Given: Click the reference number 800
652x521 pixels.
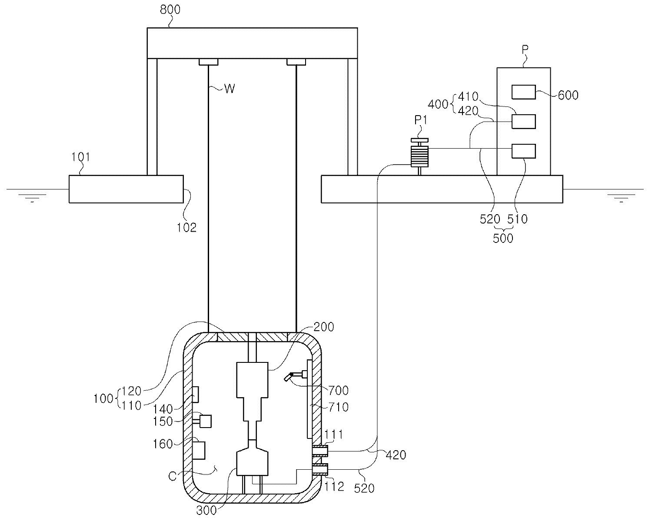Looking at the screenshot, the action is (x=170, y=10).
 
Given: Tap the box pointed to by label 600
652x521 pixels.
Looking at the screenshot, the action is (x=523, y=92).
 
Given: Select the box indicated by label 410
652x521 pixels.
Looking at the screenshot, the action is (x=523, y=122).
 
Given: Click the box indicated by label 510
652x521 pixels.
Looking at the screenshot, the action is (x=523, y=151).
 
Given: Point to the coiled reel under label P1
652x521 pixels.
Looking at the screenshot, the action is (x=419, y=156).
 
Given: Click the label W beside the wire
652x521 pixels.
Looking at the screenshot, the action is (x=230, y=89).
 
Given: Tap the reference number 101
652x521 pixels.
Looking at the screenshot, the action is (x=80, y=157).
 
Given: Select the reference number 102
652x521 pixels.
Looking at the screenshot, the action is (x=186, y=228).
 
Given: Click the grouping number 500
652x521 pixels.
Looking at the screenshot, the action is (x=503, y=239).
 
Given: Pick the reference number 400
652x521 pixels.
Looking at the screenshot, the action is (x=438, y=104).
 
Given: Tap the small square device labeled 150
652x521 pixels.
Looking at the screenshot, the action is (x=206, y=421).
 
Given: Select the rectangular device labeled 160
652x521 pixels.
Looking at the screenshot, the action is (x=199, y=451).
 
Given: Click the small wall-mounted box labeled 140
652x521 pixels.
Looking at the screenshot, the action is (x=196, y=395).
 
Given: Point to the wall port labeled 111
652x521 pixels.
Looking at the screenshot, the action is (x=320, y=451).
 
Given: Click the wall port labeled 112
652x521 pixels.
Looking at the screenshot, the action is (x=320, y=469).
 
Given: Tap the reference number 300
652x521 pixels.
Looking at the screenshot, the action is (x=206, y=511).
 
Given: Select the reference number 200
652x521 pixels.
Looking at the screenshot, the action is (x=323, y=327).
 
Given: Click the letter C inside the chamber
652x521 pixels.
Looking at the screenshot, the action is (x=172, y=476).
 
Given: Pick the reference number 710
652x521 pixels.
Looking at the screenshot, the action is (x=339, y=407).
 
